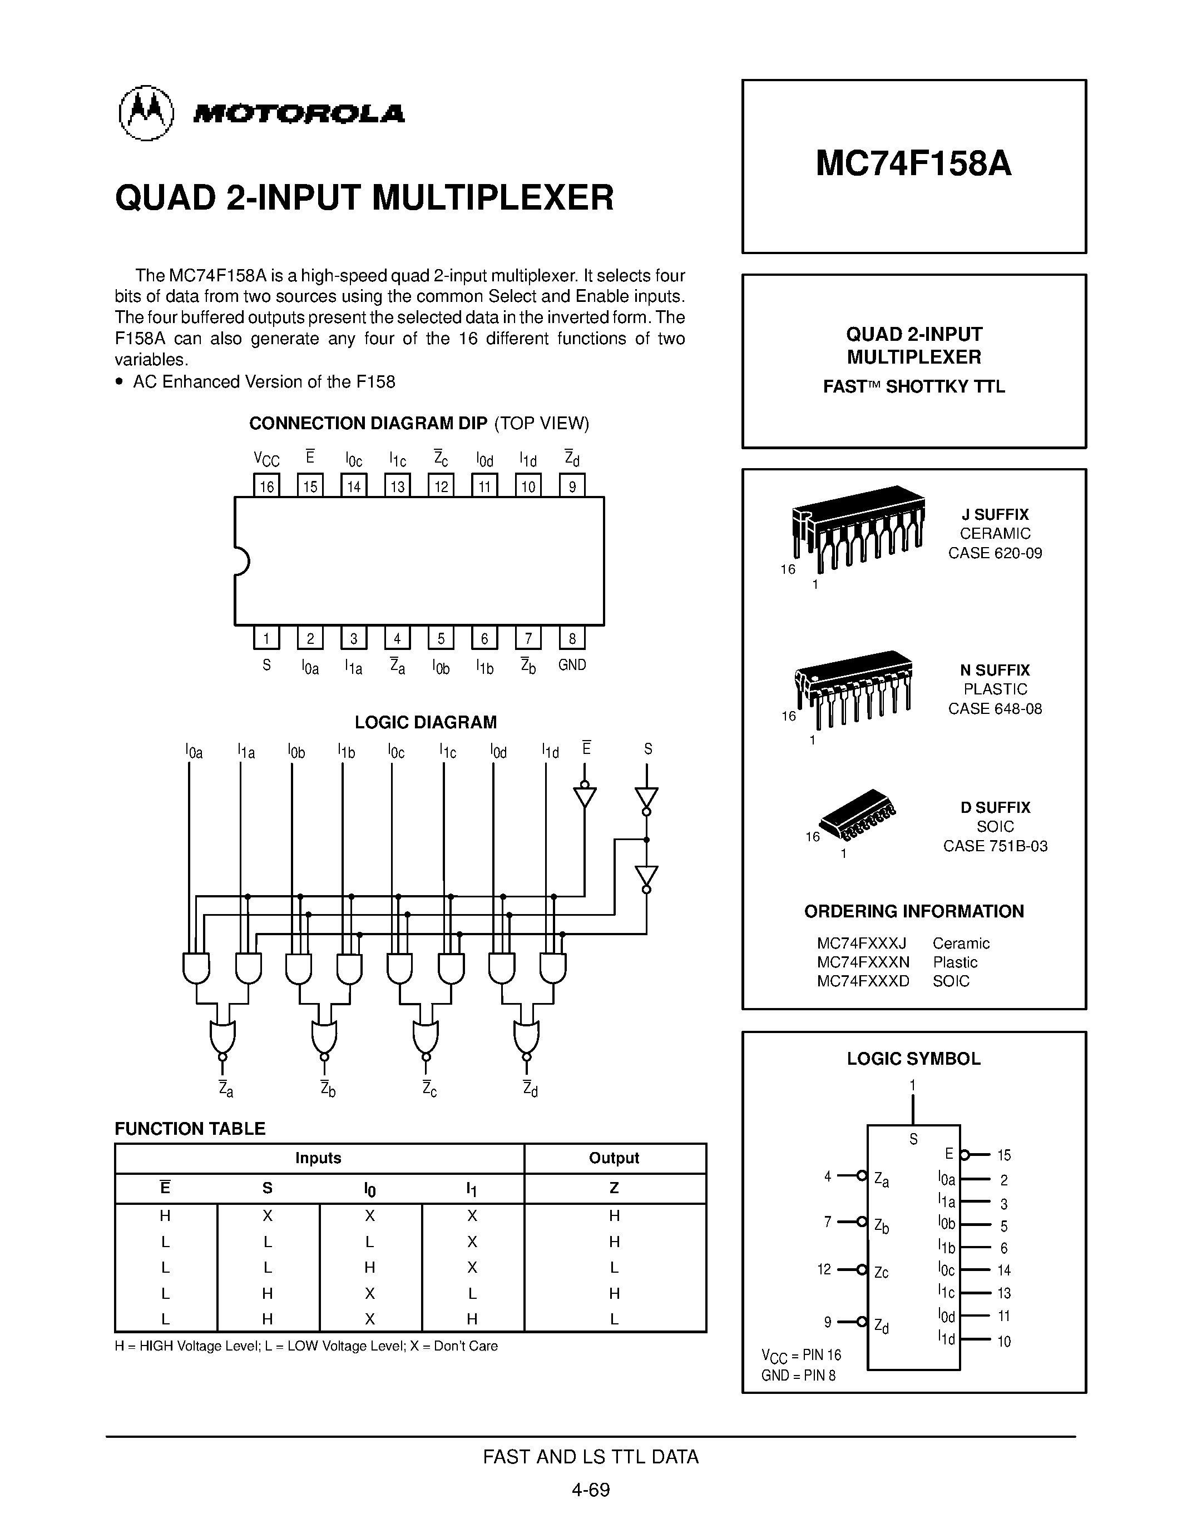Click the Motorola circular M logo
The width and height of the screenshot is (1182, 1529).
coord(146,113)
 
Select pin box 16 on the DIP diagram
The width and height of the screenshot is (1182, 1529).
coord(266,486)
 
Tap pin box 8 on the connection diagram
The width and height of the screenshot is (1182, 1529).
coord(572,638)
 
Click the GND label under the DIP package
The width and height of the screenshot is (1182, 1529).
coord(572,664)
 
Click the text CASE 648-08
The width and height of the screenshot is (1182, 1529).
coord(995,708)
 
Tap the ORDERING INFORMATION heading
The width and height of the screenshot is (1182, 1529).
coord(913,911)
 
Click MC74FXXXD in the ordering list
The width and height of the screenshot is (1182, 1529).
coord(863,981)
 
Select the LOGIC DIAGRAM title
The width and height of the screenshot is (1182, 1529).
coord(425,722)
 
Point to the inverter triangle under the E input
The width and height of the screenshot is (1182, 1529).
coord(585,797)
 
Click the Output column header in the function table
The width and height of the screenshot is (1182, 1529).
coord(614,1158)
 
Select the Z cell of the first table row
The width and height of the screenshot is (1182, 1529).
coord(614,1216)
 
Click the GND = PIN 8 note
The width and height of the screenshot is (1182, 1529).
coord(798,1375)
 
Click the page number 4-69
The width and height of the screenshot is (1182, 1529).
coord(590,1489)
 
